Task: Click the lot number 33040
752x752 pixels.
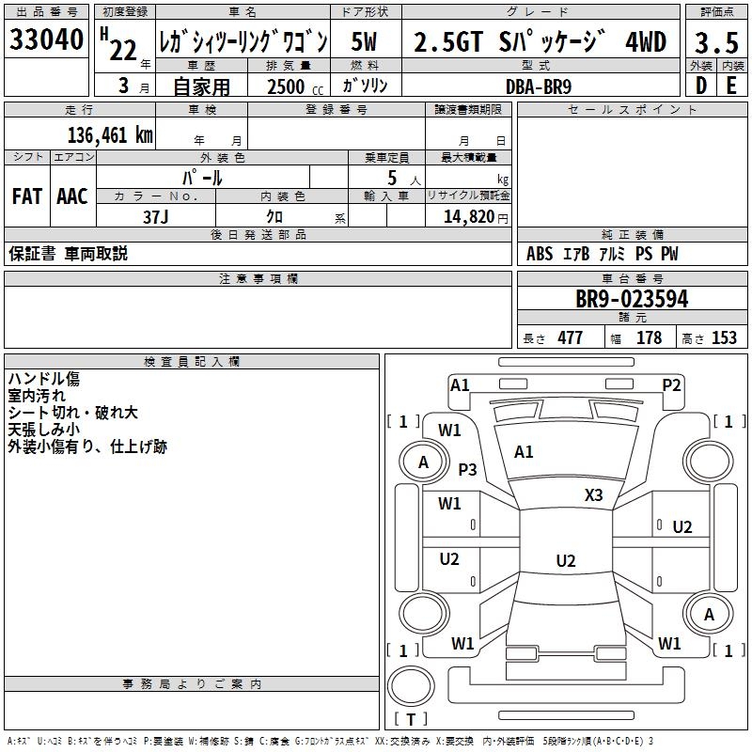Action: (x=46, y=39)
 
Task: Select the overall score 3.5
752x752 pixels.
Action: (x=716, y=43)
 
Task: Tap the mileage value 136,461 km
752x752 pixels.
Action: (x=110, y=135)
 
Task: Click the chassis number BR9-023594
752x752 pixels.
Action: (x=632, y=299)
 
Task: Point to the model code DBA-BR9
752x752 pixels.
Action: (x=539, y=86)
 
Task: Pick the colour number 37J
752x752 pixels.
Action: (x=156, y=217)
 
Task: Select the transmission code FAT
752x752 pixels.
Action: (x=27, y=196)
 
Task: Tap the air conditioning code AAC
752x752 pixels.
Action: (x=72, y=196)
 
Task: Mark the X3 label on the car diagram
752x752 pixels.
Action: (x=594, y=495)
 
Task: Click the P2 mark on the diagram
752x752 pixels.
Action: (x=671, y=385)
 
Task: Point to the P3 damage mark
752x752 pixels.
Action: (x=467, y=469)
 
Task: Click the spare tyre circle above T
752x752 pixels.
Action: (x=411, y=686)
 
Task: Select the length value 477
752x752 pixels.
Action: (x=571, y=337)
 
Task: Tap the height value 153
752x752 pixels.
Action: (x=724, y=337)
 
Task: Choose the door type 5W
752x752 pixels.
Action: (x=364, y=41)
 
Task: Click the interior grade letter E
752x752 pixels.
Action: (x=731, y=86)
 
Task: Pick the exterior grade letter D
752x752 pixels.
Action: (x=701, y=86)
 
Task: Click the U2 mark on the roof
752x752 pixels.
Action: (x=566, y=560)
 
